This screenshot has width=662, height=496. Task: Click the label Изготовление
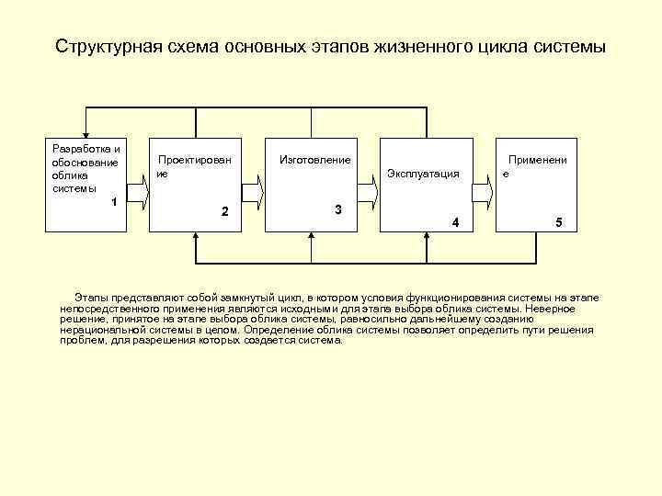coord(314,161)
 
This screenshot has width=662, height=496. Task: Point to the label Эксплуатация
coord(423,173)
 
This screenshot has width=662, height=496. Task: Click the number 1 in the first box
coord(113,201)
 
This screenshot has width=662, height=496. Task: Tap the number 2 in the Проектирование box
coord(225,212)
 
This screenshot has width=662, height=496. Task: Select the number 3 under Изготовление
coord(338,210)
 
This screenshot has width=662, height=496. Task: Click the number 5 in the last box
coord(557,223)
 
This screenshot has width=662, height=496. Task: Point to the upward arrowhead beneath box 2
coord(195,237)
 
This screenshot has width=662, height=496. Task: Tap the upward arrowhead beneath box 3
coord(311,237)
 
